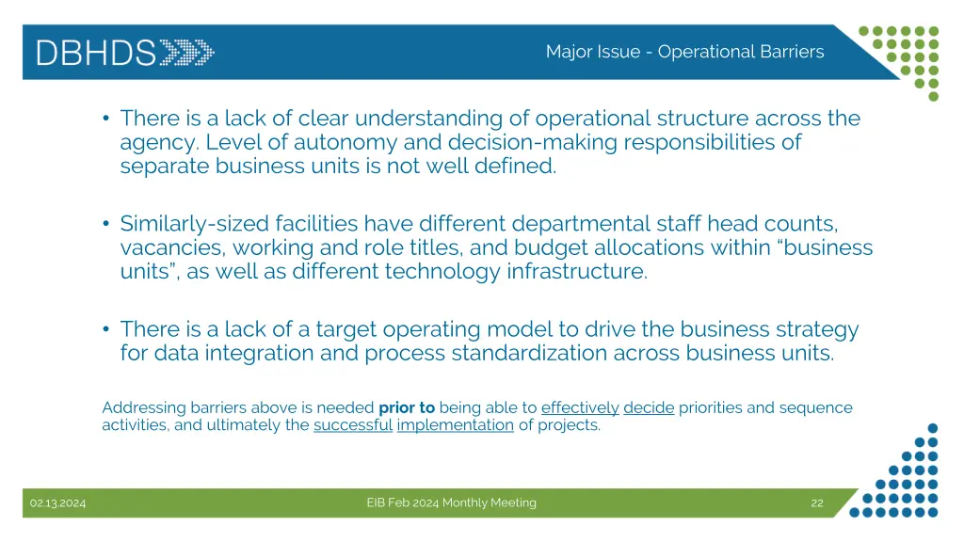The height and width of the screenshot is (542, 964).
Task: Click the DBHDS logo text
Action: click(x=96, y=52)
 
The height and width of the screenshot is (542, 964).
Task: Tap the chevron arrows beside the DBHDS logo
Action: click(x=186, y=52)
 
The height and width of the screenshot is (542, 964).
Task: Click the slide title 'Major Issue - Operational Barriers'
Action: click(x=684, y=52)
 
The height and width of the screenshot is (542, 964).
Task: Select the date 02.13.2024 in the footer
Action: click(x=57, y=503)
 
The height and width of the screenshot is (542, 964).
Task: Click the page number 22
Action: click(x=816, y=503)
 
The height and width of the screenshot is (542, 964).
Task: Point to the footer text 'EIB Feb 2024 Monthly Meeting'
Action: click(x=451, y=502)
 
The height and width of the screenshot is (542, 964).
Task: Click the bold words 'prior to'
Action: click(x=407, y=407)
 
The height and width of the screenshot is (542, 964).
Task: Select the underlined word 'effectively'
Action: click(x=580, y=407)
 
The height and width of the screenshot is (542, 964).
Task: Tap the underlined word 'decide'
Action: click(x=649, y=407)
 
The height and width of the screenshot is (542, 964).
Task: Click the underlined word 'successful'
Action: click(x=352, y=424)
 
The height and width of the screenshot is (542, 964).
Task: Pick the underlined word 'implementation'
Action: click(x=456, y=424)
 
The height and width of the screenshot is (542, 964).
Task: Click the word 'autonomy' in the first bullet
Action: click(x=333, y=143)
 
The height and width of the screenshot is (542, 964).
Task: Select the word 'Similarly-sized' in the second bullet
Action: click(x=195, y=224)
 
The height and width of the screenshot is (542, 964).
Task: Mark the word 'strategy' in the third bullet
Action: click(x=817, y=329)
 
